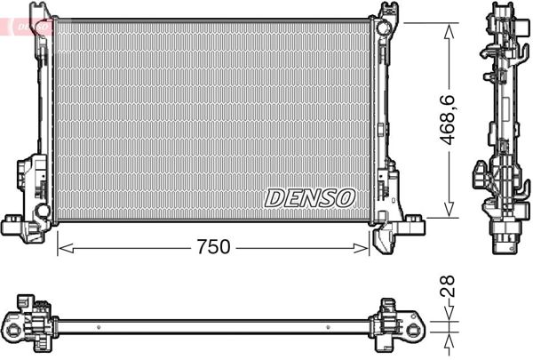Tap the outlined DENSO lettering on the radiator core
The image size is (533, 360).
pyautogui.click(x=310, y=197)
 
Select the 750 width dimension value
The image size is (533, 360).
pyautogui.click(x=214, y=248)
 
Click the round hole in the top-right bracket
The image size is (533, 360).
pyautogui.click(x=383, y=27)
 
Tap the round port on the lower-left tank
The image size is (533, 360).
pyautogui.click(x=41, y=212)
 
